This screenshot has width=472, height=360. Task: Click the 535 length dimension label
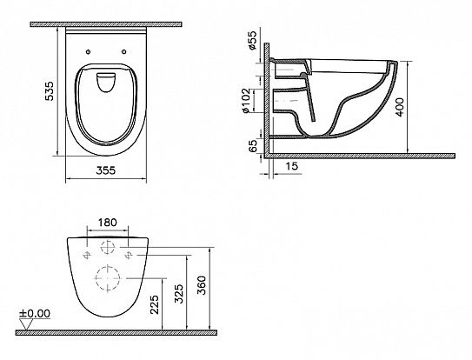[x=49, y=91]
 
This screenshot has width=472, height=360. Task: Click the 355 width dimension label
[x=106, y=170]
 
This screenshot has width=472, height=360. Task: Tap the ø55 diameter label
[x=253, y=40]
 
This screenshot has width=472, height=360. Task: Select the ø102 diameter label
[x=246, y=101]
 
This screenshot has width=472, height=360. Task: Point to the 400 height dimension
[x=400, y=107]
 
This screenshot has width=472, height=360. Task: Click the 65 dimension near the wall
[x=254, y=146]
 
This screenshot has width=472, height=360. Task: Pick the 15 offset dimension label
[x=291, y=166]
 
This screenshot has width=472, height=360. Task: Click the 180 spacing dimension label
[x=108, y=223]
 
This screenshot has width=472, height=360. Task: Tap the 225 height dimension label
[x=155, y=304]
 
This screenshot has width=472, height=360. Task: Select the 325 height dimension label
[x=179, y=294]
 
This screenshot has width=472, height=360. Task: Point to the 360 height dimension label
[x=201, y=285]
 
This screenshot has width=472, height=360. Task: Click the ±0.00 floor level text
[x=35, y=314]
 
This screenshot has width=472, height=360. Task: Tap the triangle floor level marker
[x=27, y=324]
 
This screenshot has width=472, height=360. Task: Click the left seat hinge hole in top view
[x=88, y=52]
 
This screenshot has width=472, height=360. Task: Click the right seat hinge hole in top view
[x=123, y=52]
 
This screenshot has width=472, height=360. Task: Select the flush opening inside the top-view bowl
[x=106, y=82]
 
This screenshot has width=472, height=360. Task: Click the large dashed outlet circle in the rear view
[x=108, y=278]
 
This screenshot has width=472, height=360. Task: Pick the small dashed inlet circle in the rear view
[x=108, y=247]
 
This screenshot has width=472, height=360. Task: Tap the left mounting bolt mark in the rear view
[x=87, y=255]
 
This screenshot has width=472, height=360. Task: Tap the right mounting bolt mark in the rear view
[x=129, y=255]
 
